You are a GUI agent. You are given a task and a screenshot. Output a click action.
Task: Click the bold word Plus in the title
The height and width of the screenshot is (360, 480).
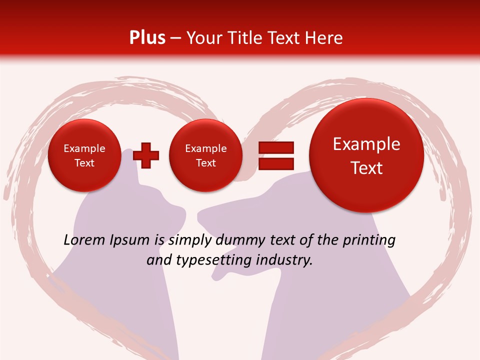point(147,38)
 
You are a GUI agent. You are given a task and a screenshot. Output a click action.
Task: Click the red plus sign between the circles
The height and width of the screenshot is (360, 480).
point(146,155)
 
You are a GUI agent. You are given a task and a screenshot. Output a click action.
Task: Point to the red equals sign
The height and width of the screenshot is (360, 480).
point(275,155)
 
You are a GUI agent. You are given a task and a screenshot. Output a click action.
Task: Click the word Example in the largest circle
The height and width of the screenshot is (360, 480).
point(366,144)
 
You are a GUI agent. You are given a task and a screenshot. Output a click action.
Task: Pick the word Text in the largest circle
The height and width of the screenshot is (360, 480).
point(366,168)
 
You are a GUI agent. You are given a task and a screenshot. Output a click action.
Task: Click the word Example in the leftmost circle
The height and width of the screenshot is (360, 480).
point(84,148)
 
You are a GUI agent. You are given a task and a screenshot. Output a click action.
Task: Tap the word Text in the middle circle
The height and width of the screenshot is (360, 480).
point(205,163)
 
